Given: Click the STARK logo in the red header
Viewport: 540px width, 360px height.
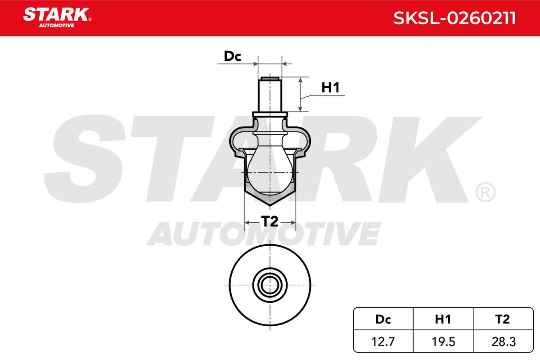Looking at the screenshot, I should pos(56,14).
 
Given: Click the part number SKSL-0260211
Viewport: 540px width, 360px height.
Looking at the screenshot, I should pos(454,18).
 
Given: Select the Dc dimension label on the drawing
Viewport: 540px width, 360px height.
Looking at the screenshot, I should pos(233,56).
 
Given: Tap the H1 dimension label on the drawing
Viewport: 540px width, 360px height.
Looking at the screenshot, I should pos(330,88).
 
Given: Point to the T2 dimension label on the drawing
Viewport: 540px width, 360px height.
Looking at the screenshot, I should pos(269,221).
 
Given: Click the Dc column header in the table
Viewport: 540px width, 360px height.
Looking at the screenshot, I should pos(382,319).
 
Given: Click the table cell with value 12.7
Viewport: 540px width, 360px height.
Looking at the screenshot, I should pos(382,342).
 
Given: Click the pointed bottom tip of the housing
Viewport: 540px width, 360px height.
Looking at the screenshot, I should pos(269,205).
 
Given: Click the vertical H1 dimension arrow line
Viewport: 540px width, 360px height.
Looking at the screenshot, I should pos(300,94).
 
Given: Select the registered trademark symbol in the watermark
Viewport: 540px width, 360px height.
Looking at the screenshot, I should pos(485,192).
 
